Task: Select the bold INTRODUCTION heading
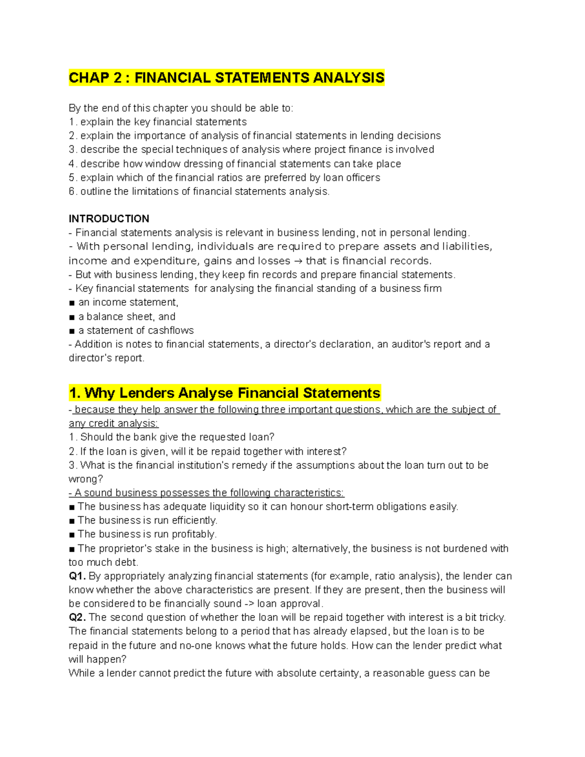coord(109,218)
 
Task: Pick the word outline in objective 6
coord(96,192)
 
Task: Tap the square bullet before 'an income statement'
coord(72,303)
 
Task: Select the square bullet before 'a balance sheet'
coord(72,317)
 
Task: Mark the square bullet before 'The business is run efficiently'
coord(72,521)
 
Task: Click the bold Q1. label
coord(77,576)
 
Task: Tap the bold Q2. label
coord(77,618)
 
